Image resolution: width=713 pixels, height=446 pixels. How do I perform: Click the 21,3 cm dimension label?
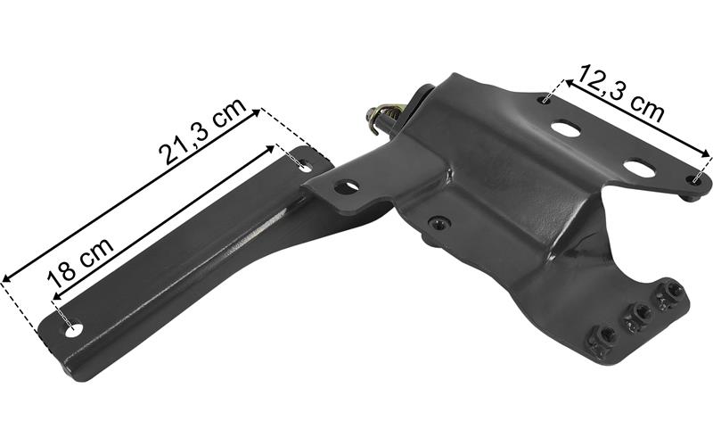coord(203,131)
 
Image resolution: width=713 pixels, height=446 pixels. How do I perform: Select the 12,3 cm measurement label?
coord(621,94)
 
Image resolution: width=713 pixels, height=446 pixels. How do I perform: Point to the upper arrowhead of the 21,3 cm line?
coord(256,112)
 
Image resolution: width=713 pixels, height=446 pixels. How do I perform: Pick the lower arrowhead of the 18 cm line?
coord(57,296)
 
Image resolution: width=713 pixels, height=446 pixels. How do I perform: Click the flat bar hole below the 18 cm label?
coord(74,329)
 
